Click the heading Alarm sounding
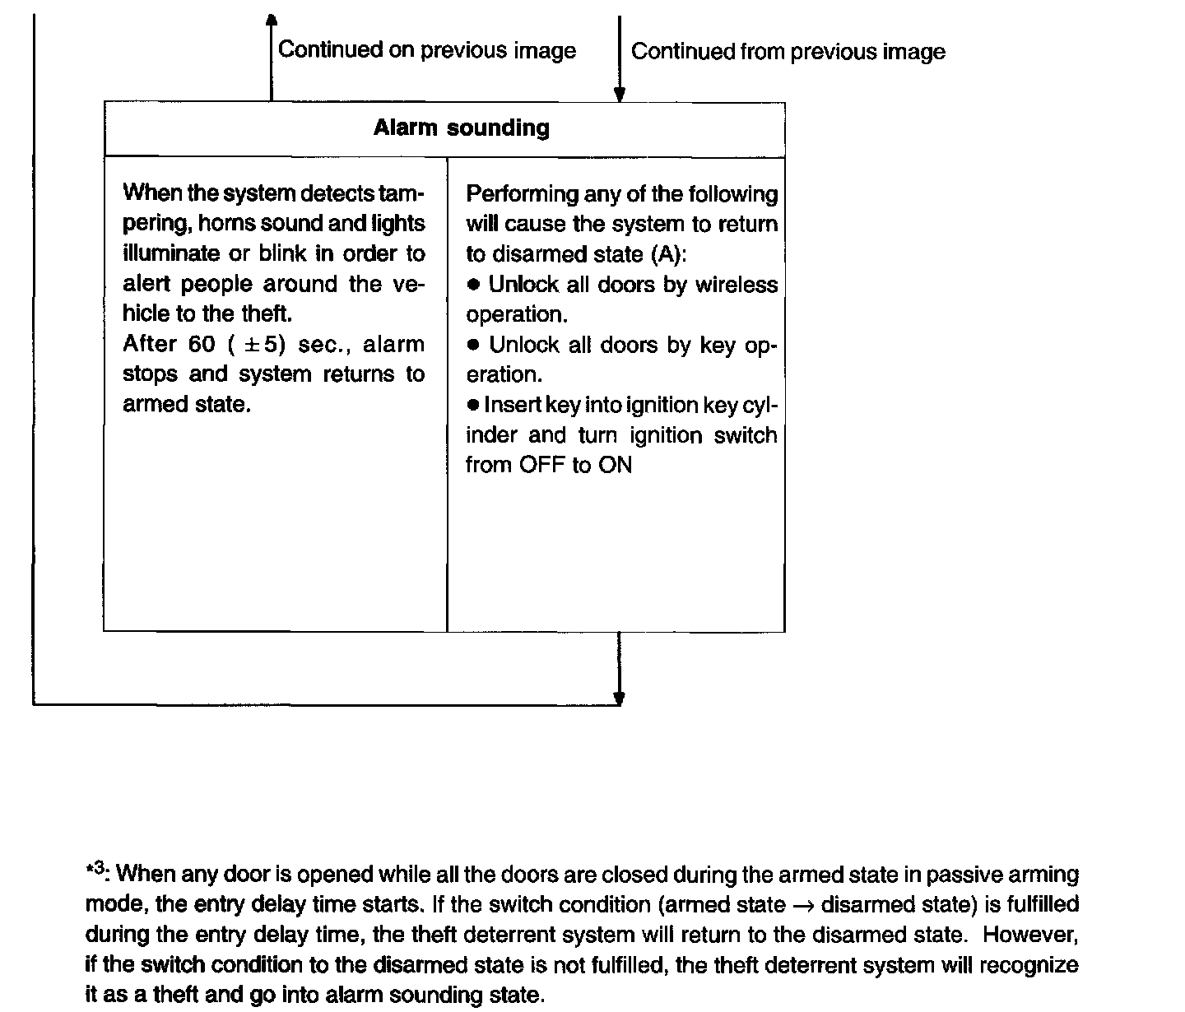coord(461,128)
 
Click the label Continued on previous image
coord(426,50)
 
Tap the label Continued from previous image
coord(788,52)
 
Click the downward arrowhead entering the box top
coord(620,95)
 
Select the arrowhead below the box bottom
coord(619,699)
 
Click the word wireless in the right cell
coord(737,284)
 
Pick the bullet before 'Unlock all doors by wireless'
coord(473,285)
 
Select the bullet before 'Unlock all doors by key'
coord(473,345)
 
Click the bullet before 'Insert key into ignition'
coord(472,405)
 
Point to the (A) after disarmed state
coord(667,254)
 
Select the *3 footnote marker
coord(95,870)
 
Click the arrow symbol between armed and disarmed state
coord(804,906)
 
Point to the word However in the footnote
coord(1029,935)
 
